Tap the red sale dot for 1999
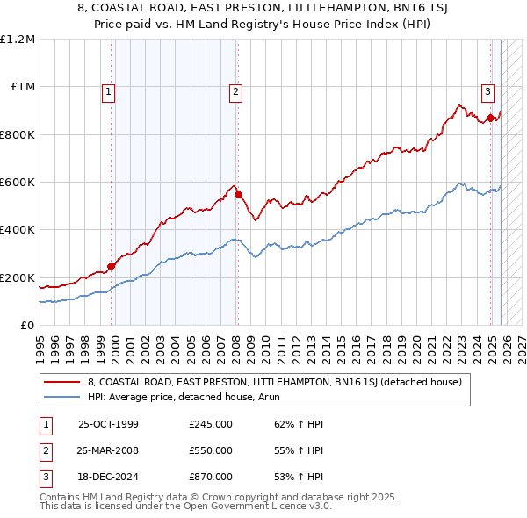112,267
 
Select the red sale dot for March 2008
238,194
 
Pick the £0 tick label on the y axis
27,326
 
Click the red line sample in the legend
61,382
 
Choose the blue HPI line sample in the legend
61,397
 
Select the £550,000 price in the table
211,450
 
